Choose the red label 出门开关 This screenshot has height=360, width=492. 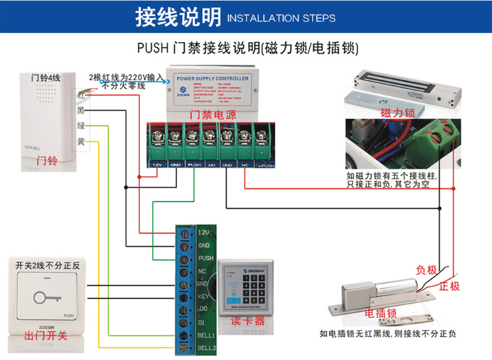(x=45, y=336)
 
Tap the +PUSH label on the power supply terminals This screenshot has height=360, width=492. (x=265, y=166)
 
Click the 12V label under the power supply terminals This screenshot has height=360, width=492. (x=157, y=166)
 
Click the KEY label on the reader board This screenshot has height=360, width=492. (x=203, y=297)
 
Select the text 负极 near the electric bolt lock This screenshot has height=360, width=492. (x=426, y=269)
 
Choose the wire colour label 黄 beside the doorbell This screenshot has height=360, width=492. (x=80, y=142)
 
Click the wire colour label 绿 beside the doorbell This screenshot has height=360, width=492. (x=80, y=126)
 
